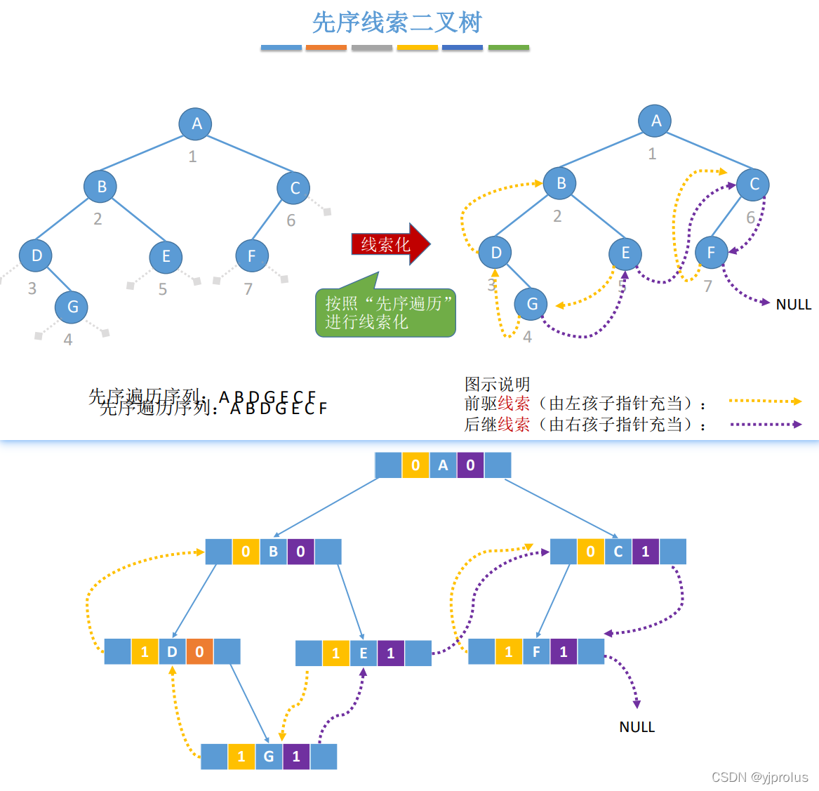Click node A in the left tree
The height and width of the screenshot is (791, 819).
coord(197,124)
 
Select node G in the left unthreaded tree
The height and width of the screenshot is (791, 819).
coord(72,307)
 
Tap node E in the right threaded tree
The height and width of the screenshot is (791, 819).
coord(625,253)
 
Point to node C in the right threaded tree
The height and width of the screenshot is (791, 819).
coord(754,185)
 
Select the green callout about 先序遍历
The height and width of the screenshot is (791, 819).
coord(386,313)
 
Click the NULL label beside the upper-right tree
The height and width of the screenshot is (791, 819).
coord(793,305)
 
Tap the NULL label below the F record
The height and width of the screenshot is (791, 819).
coord(637,727)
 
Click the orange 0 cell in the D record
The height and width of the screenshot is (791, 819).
coord(199,652)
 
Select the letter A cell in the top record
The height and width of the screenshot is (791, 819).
coord(443,465)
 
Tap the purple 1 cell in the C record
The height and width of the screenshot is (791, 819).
coord(646,552)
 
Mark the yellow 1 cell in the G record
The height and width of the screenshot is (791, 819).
coord(241,757)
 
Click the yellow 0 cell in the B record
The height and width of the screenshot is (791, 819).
coord(246,552)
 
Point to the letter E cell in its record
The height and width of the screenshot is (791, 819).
coord(364,653)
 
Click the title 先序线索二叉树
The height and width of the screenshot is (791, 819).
coord(397,23)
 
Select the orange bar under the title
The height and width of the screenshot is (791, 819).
coord(326,48)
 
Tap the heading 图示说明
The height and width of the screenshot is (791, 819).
coord(497,384)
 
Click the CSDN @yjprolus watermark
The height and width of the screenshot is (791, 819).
coord(759,777)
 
